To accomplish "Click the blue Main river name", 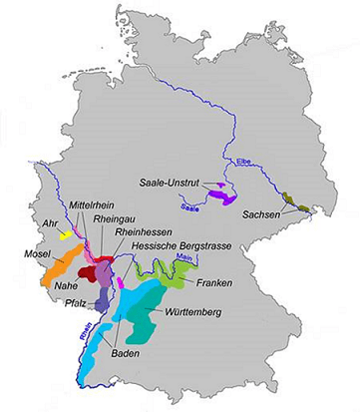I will point(182,258).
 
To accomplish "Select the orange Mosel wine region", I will point(51,266).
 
